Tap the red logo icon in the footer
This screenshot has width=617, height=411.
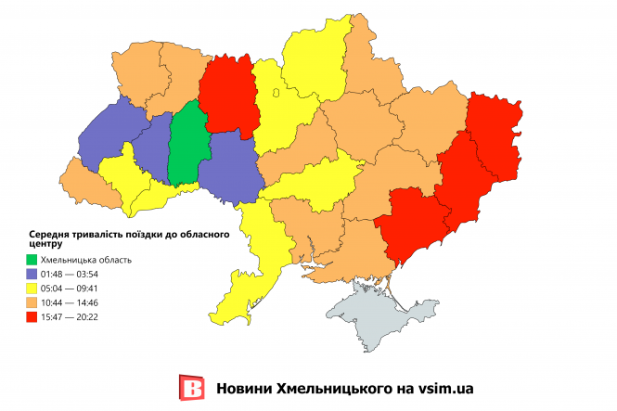(190, 388)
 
